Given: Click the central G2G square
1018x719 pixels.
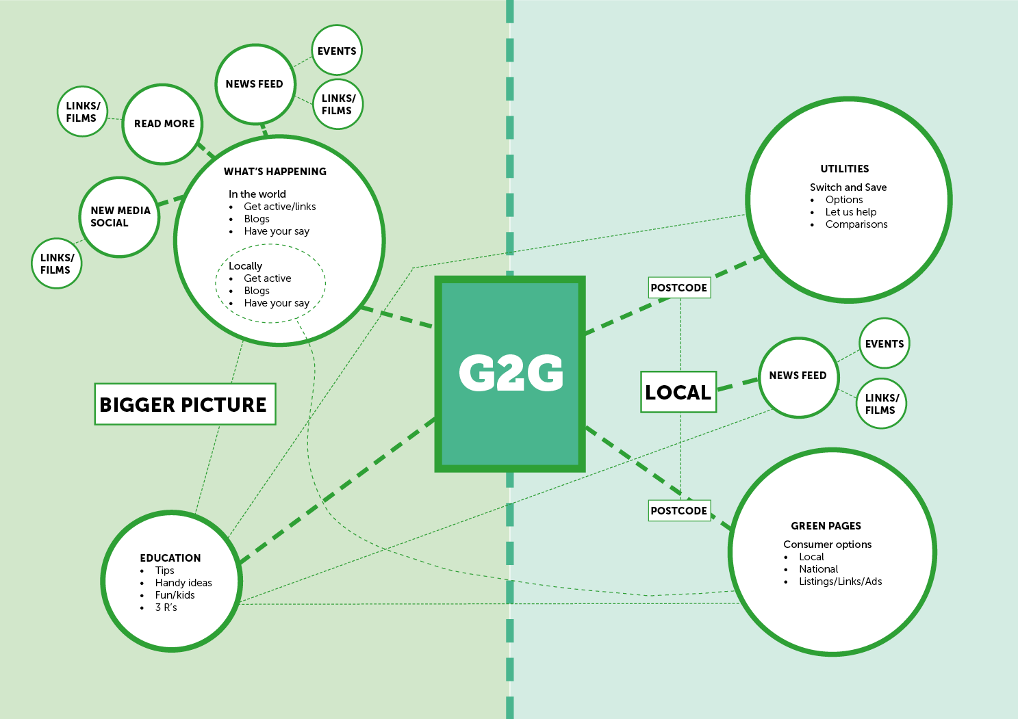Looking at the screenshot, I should pyautogui.click(x=510, y=374).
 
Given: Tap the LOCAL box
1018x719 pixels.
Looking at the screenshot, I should pyautogui.click(x=678, y=392).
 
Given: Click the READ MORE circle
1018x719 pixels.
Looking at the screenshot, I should pyautogui.click(x=163, y=124).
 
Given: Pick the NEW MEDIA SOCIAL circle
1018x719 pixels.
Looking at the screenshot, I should pyautogui.click(x=120, y=217).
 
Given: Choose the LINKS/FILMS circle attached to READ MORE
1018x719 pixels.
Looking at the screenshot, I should pyautogui.click(x=82, y=112).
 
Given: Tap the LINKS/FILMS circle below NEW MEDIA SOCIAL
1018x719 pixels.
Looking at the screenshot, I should pyautogui.click(x=56, y=263).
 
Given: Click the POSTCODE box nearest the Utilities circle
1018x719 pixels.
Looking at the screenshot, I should pyautogui.click(x=678, y=287).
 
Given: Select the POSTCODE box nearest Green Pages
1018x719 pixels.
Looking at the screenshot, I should pyautogui.click(x=678, y=510).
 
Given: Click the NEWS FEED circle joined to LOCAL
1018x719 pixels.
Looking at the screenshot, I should pyautogui.click(x=798, y=376).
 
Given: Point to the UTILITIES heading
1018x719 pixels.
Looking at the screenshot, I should pyautogui.click(x=844, y=169).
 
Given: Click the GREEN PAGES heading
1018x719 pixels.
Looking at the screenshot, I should pyautogui.click(x=826, y=526).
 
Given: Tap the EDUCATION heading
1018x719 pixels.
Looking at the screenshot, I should pyautogui.click(x=170, y=558).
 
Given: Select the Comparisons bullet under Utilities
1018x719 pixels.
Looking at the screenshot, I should pyautogui.click(x=856, y=224).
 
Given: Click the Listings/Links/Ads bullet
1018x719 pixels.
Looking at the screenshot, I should pyautogui.click(x=840, y=581).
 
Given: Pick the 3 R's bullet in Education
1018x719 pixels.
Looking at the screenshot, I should pyautogui.click(x=166, y=607).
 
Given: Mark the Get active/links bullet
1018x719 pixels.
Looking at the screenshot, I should pyautogui.click(x=279, y=207).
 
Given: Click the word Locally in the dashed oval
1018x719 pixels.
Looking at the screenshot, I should pyautogui.click(x=245, y=266).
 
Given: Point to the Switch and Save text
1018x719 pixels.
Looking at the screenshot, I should pyautogui.click(x=848, y=187).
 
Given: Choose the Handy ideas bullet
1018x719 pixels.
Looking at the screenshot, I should pyautogui.click(x=183, y=583).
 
